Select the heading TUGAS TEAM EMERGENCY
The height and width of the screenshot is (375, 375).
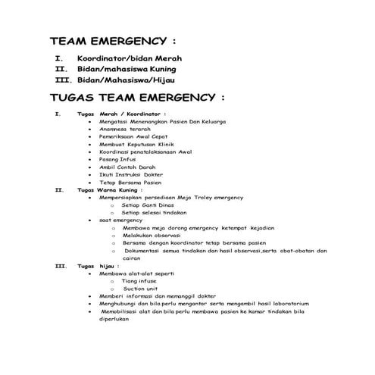point(137,98)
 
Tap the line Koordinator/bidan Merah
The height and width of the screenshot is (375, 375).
point(130,58)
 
